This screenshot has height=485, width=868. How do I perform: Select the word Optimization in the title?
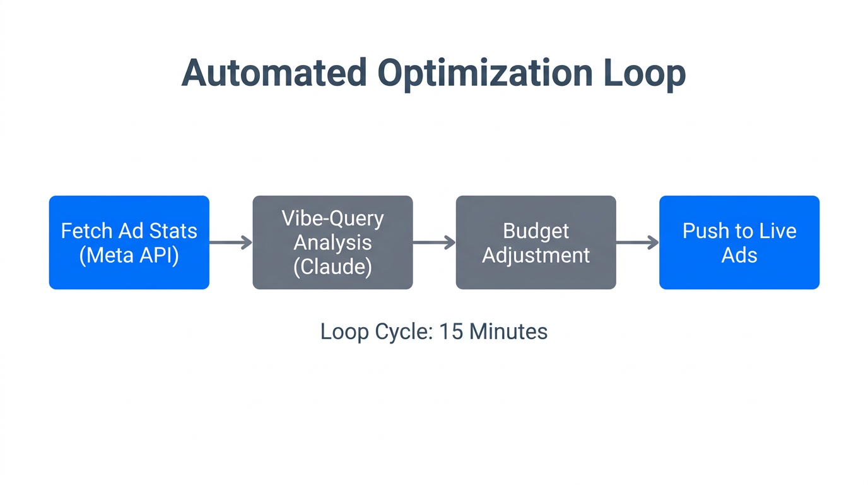click(x=484, y=74)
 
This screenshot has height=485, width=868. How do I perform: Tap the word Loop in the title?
click(x=644, y=74)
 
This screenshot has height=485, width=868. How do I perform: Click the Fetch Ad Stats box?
click(x=129, y=242)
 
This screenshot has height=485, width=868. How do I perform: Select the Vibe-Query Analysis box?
click(x=332, y=242)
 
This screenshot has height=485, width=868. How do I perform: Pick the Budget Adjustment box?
click(x=536, y=242)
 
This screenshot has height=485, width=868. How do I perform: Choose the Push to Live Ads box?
click(x=739, y=242)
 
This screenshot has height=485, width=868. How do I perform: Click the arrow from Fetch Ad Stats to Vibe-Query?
click(x=231, y=242)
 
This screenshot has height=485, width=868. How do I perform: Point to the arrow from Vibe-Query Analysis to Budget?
click(x=434, y=242)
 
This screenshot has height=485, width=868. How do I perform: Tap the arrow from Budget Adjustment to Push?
click(x=637, y=242)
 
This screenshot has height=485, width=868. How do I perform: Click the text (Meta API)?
click(x=129, y=255)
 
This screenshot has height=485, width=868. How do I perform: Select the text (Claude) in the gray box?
click(x=332, y=266)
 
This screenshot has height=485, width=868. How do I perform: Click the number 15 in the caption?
click(x=451, y=332)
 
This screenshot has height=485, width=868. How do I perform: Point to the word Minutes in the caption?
click(x=508, y=332)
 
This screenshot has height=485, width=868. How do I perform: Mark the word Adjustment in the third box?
click(x=536, y=255)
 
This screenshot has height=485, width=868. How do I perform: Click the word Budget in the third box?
click(x=536, y=231)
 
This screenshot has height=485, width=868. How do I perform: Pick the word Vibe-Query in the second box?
click(x=332, y=219)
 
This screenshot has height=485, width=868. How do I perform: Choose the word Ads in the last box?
click(x=739, y=255)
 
